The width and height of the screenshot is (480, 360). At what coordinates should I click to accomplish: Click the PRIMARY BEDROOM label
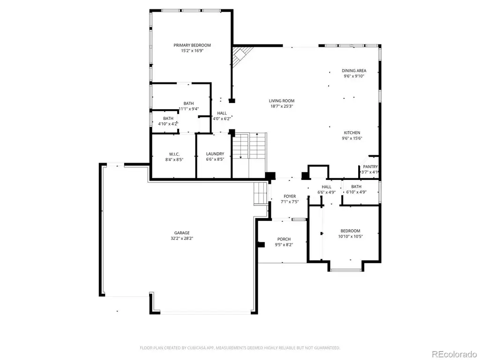point(192,45)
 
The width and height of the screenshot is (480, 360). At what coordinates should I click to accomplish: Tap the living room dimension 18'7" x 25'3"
point(282,106)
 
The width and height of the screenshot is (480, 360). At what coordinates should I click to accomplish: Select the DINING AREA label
point(354,71)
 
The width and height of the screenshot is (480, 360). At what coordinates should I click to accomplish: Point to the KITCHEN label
point(352,133)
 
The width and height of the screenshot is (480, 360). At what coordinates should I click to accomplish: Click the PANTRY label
point(370,167)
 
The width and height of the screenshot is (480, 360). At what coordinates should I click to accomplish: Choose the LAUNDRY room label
point(215,154)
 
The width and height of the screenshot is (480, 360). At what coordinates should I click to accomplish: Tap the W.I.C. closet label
point(174,154)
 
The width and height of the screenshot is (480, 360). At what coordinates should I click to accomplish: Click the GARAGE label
point(182,233)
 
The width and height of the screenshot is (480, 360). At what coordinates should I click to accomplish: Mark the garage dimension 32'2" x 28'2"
point(182,239)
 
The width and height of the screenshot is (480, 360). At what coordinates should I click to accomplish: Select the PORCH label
point(284,239)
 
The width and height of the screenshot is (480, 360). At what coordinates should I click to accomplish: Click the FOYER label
point(290,196)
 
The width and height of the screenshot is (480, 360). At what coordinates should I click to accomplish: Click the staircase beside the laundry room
point(249,146)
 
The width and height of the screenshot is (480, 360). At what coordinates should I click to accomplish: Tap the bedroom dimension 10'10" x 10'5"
point(351,236)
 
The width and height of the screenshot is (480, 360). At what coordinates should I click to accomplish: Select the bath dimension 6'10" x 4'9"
point(356,192)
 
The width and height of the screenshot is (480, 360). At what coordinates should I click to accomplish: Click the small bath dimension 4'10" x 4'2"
point(168,124)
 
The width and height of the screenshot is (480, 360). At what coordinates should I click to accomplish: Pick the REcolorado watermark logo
point(455,354)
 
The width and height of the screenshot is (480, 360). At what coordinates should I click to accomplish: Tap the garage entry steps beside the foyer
point(261,194)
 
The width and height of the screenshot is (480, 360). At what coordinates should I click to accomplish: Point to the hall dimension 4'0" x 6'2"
point(222,119)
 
